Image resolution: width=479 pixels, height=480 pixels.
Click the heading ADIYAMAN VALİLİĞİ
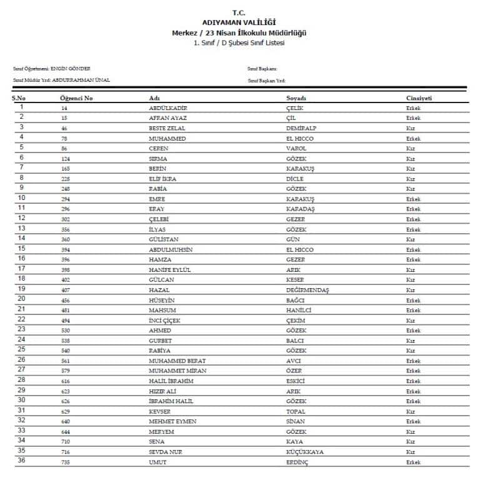[239, 22]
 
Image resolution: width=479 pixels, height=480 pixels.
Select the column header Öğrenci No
[76, 99]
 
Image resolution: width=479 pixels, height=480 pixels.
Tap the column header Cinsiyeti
[419, 99]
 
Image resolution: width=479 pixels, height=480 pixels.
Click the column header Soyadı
[296, 99]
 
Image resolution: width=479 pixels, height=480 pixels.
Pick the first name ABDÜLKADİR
[168, 108]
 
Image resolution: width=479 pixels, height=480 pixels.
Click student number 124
[65, 159]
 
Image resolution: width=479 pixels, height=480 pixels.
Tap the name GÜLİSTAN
[163, 239]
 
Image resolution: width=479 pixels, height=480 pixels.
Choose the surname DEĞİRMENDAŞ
[306, 290]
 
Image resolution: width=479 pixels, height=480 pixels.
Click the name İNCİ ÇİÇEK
[164, 321]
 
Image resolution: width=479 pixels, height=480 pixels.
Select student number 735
[65, 462]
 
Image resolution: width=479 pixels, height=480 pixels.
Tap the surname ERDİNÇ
[297, 462]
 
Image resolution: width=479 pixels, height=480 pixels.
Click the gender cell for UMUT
[413, 462]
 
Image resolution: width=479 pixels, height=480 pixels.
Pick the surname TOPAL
[295, 412]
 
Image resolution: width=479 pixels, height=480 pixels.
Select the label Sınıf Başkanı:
[262, 68]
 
